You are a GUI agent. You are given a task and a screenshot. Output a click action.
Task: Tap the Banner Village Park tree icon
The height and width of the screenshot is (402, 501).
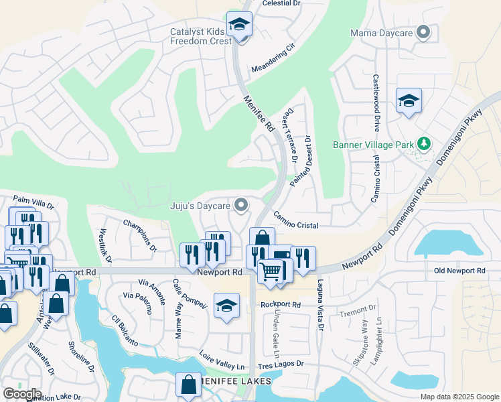[423, 144]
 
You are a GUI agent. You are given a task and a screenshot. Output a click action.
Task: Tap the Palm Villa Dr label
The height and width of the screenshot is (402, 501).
[33, 200]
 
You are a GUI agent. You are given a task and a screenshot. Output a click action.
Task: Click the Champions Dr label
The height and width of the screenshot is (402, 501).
[139, 235]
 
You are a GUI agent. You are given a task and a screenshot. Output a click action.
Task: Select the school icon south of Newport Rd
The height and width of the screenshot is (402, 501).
[226, 306]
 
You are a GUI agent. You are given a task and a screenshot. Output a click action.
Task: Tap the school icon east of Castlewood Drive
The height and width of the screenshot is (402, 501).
[409, 100]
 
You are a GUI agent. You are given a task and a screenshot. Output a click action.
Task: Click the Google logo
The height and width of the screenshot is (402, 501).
[22, 394]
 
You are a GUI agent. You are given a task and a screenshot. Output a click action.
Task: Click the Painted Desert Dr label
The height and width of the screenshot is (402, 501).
[301, 161]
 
